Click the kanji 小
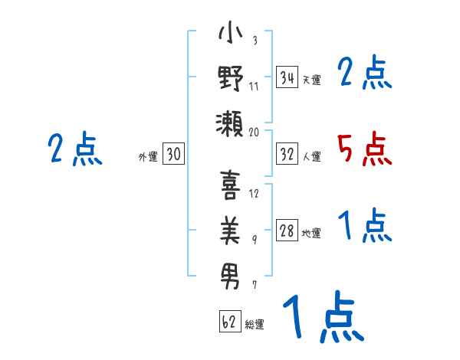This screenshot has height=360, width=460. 230,35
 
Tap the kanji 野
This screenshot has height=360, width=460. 230,79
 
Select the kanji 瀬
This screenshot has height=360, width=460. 230,122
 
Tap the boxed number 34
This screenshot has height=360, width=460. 287,77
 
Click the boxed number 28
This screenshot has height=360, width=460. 287,231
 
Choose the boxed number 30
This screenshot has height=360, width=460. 173,154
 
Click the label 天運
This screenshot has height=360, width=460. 311,80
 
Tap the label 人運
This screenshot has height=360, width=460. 311,157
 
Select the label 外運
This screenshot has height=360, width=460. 148,156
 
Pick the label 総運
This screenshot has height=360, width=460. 255,324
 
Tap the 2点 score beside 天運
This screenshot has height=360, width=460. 365,74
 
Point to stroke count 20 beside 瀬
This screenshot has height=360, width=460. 255,132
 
